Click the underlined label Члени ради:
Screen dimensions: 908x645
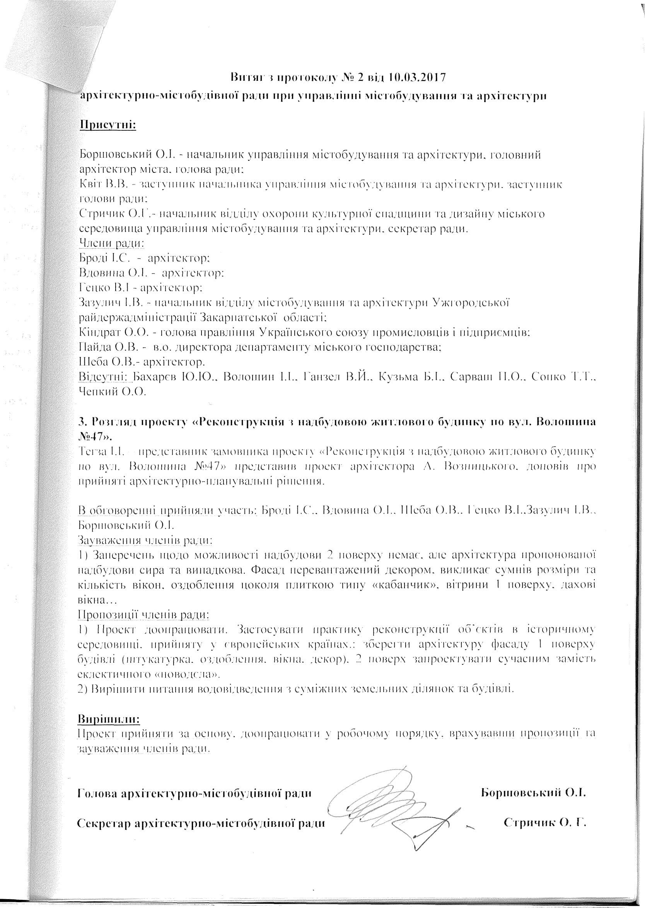coord(112,243)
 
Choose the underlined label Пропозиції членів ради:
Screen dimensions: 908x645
coord(143,614)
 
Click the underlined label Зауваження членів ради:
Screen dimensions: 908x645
coord(145,540)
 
